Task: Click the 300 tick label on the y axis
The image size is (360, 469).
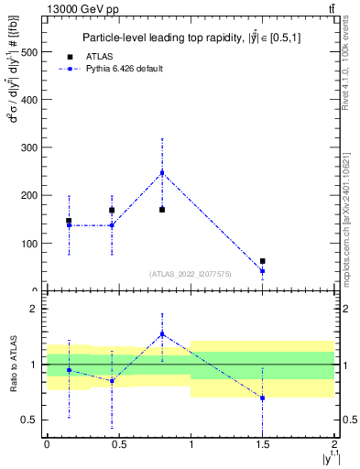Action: click(x=29, y=147)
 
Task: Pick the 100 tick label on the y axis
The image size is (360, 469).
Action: click(x=29, y=244)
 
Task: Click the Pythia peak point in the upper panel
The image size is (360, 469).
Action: click(x=162, y=172)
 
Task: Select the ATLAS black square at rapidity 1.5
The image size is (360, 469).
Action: click(x=263, y=261)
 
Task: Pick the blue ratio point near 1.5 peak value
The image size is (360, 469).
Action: click(x=162, y=334)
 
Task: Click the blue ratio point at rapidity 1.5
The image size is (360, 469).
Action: click(x=263, y=398)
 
